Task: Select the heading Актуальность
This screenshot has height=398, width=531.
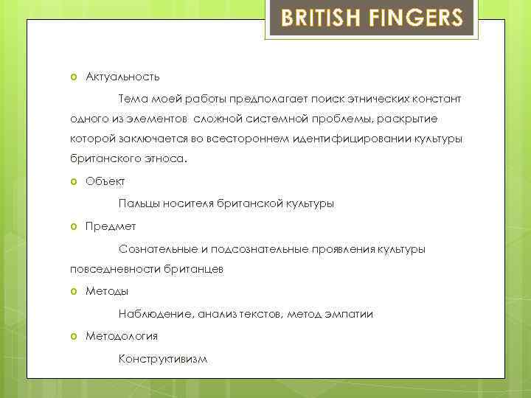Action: [x=122, y=77]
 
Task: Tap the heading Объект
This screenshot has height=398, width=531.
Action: [x=105, y=181]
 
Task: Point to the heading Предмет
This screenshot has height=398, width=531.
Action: [x=111, y=226]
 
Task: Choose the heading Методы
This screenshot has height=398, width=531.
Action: [x=107, y=291]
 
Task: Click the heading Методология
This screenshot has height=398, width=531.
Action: [x=122, y=336]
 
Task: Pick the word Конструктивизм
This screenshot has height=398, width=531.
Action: [x=163, y=359]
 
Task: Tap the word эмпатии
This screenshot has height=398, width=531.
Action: [x=350, y=314]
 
